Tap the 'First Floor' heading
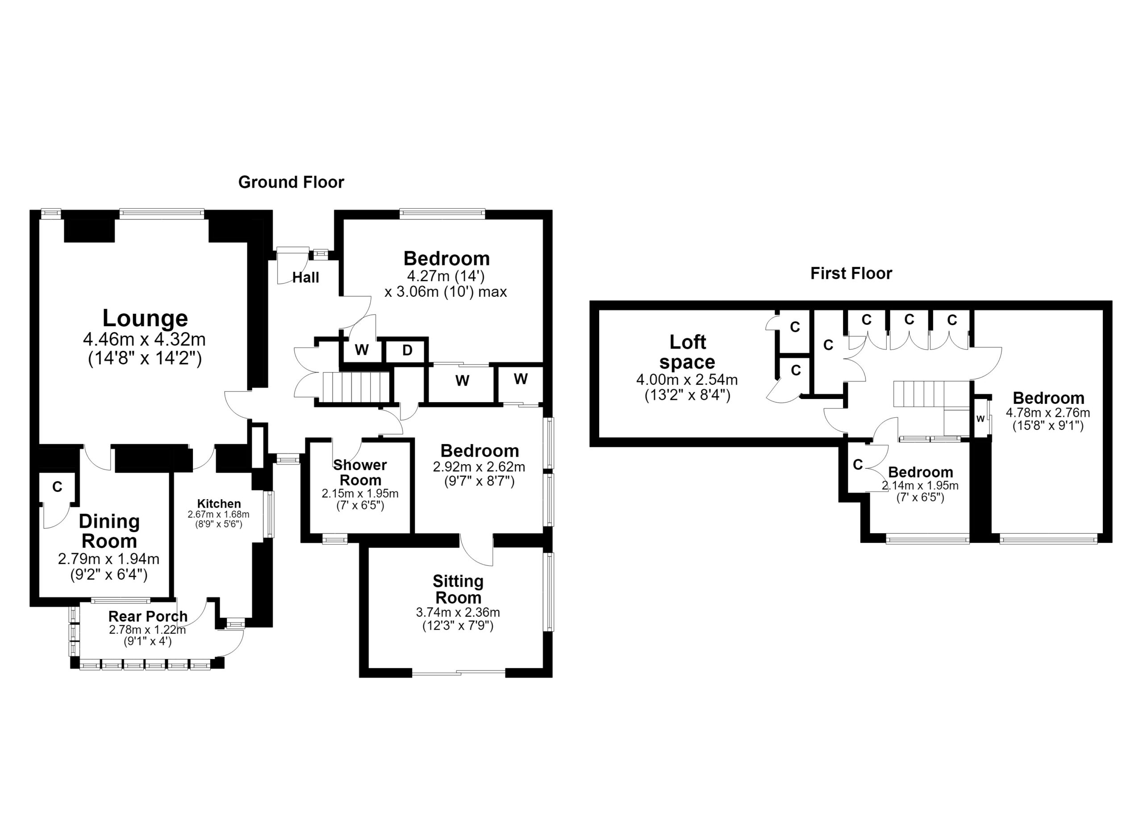point(851,273)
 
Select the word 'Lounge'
point(145,318)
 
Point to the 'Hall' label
point(306,277)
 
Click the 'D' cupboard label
point(407,350)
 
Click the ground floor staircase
point(356,387)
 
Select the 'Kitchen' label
point(219,504)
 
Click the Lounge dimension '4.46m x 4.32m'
point(144,339)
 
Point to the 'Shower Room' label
point(360,472)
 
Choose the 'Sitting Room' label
point(458,589)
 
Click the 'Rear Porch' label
point(148,616)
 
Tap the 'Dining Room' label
point(109,531)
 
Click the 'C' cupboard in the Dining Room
point(58,487)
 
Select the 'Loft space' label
point(688,352)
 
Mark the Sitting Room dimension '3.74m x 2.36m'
point(458,613)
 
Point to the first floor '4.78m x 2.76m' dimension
point(1048,412)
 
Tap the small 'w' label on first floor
point(980,419)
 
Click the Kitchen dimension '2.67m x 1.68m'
point(219,515)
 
